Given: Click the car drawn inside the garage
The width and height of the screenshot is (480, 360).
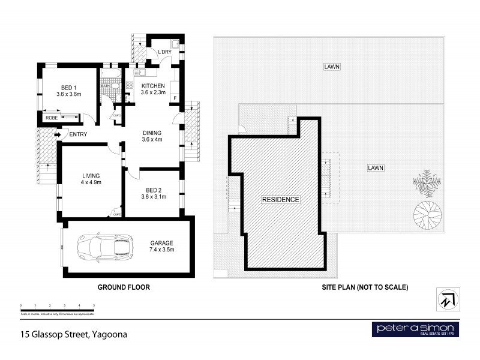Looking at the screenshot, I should pos(104,247).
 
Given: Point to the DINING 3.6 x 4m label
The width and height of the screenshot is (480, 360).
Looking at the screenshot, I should pos(152,136).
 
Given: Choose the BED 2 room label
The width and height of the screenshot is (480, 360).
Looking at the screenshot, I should pos(151,192).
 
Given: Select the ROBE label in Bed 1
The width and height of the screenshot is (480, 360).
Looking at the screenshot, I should pos(52,118).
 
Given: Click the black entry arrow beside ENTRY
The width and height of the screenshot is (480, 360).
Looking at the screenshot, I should pos(58,134).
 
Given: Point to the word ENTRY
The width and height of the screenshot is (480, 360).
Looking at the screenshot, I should pos(78,134).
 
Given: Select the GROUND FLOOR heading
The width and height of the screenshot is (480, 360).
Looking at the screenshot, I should pos(124,287).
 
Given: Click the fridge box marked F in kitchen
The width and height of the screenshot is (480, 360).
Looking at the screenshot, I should pos(175,98).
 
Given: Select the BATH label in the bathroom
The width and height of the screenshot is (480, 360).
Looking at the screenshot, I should pos(106,86).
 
